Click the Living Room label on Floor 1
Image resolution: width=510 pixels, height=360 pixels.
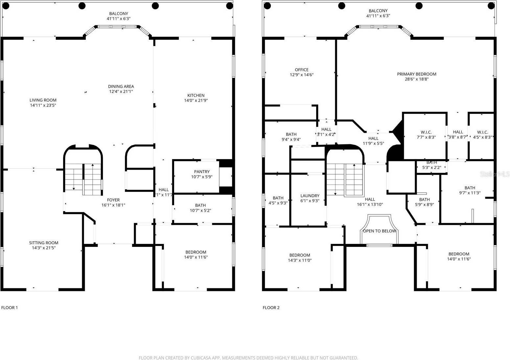[x=43, y=100]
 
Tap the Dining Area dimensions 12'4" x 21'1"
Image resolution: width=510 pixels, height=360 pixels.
[x=121, y=92]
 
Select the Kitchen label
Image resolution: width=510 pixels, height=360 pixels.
[x=196, y=96]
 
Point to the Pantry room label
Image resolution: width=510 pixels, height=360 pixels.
[x=201, y=172]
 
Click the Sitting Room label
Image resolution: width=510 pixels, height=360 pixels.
[x=43, y=243]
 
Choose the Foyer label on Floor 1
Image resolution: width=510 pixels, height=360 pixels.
[x=113, y=200]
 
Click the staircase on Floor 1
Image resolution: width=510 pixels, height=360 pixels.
[x=83, y=179]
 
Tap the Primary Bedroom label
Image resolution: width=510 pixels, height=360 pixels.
[x=416, y=74]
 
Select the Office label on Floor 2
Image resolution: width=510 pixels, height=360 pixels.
[x=301, y=70]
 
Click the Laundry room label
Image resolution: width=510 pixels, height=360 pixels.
[x=310, y=196]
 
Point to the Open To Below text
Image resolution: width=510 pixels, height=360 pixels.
[x=379, y=231]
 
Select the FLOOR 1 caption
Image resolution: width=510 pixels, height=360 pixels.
[x=10, y=308]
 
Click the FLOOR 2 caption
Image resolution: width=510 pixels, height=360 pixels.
[x=271, y=308]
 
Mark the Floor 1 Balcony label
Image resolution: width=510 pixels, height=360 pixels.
[x=119, y=14]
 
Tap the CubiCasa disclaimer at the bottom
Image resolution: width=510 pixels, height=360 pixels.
[x=248, y=358]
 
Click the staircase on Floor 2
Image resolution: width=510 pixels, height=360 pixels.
[x=345, y=179]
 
